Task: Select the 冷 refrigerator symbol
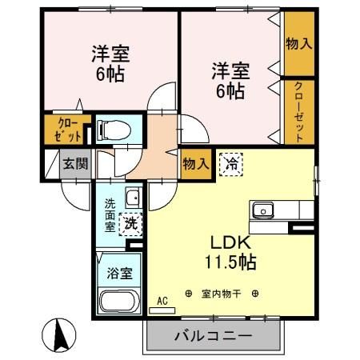pyautogui.click(x=231, y=164)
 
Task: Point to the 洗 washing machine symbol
pyautogui.click(x=128, y=225)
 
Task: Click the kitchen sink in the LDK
pyautogui.click(x=263, y=210)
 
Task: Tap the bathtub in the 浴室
pyautogui.click(x=119, y=302)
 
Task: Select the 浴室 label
pyautogui.click(x=120, y=271)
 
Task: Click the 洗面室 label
pyautogui.click(x=110, y=214)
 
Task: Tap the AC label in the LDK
pyautogui.click(x=162, y=301)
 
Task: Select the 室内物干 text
pyautogui.click(x=222, y=294)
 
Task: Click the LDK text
pyautogui.click(x=231, y=242)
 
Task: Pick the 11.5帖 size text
pyautogui.click(x=231, y=262)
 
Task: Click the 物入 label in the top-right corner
pyautogui.click(x=298, y=43)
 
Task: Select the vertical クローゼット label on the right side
pyautogui.click(x=298, y=111)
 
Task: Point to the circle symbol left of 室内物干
pyautogui.click(x=189, y=294)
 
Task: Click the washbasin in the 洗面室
pyautogui.click(x=132, y=198)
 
